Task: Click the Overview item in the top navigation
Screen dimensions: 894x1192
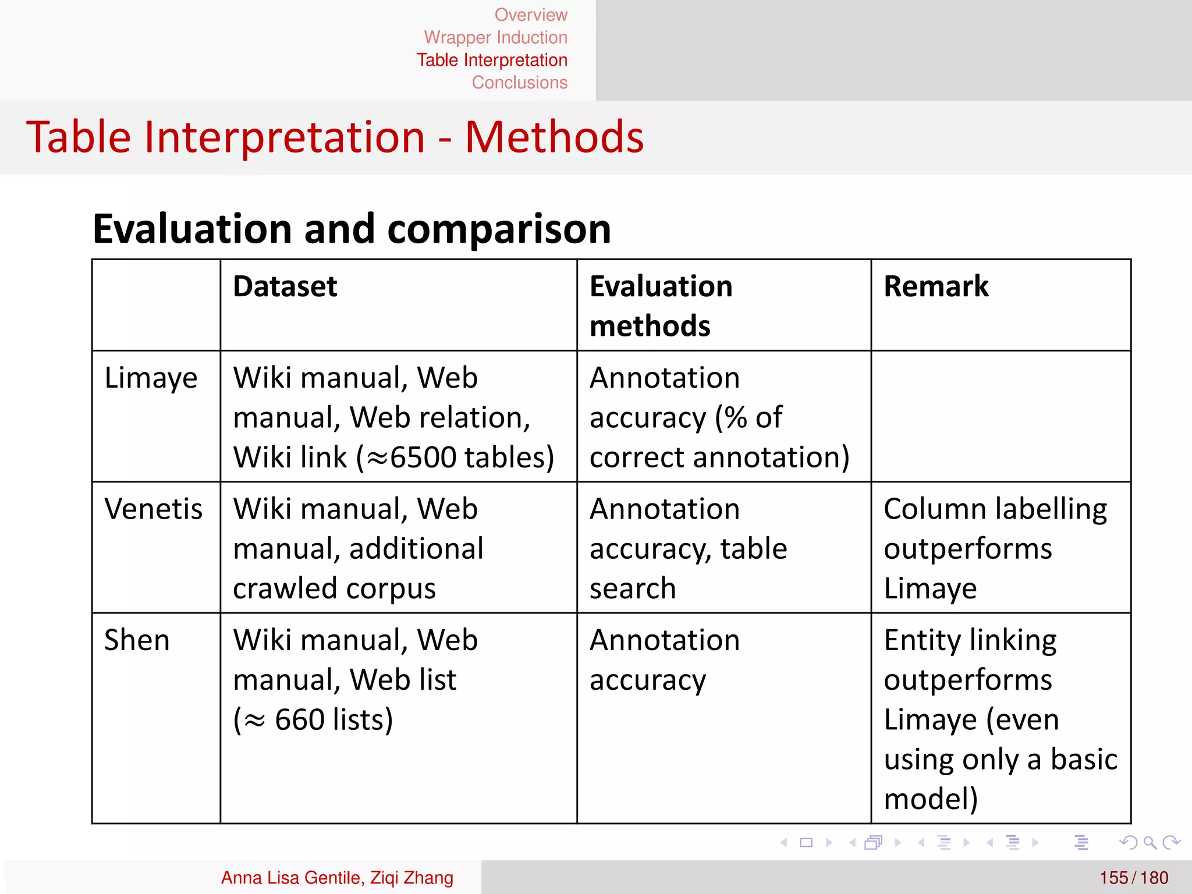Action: (531, 15)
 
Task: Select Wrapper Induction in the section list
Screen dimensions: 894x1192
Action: (495, 37)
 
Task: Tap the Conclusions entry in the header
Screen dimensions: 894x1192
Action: (519, 83)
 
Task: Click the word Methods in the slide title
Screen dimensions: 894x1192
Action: (554, 137)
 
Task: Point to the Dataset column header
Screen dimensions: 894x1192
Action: (285, 286)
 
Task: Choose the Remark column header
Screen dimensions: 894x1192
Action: (936, 286)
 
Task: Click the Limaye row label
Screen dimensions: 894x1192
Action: (151, 378)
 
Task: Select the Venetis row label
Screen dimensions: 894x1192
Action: (153, 509)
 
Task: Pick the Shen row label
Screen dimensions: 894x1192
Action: (137, 640)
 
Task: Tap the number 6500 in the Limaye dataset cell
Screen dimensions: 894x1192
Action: (423, 457)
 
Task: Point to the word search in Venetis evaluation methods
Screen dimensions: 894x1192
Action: (633, 588)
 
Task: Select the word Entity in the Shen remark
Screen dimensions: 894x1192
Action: (921, 640)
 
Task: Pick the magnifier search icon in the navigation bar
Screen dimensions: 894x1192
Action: (1150, 843)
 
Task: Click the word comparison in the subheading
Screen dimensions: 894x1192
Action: (499, 229)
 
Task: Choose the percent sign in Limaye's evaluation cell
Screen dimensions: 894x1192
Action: (736, 418)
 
